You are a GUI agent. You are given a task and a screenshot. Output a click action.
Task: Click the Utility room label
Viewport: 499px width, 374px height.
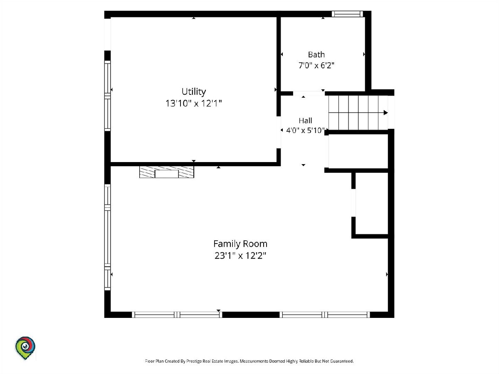194,91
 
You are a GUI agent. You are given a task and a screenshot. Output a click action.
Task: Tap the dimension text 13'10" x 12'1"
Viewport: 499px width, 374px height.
193,103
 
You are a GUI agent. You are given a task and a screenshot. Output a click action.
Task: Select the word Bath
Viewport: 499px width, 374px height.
316,54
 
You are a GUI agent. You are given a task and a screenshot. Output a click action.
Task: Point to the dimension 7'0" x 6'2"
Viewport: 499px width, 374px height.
316,65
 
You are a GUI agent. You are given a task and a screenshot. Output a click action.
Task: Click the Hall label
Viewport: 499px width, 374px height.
305,121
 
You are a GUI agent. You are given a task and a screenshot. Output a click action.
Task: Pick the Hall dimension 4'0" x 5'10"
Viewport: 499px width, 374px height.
305,130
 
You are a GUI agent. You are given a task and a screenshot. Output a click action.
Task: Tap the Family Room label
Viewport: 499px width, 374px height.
240,244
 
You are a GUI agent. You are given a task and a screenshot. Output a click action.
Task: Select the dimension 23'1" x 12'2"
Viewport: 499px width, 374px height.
240,256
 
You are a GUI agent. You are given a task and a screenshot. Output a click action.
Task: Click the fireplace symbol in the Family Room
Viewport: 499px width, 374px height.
167,172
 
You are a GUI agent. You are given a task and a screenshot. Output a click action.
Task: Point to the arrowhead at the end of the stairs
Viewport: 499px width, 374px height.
386,113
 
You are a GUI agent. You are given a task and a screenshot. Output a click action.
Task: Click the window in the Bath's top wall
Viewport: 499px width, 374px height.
347,14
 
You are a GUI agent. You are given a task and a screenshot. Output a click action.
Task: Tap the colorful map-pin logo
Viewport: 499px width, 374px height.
25,348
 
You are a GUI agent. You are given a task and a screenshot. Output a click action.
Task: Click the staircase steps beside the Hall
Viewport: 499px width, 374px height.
358,113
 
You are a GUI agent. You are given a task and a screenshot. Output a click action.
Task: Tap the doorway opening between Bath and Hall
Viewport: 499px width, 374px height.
309,93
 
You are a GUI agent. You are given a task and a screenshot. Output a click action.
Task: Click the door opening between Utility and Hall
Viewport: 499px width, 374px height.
279,133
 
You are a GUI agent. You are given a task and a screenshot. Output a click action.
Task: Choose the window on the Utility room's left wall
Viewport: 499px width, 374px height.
108,96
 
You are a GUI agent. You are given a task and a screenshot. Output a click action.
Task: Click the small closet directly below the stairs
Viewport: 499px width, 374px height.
358,151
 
